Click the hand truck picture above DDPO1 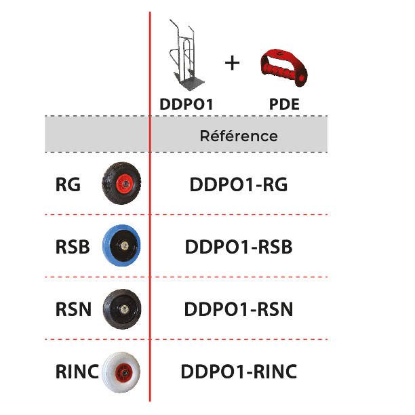coord(185,55)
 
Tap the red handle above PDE coord(283,68)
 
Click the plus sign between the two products coord(232,63)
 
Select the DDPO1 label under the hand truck coord(186,104)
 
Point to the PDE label coord(284,104)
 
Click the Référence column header coord(239,136)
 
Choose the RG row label coord(68,184)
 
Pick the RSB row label coord(73,247)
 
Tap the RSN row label coord(73,309)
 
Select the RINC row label coord(77,372)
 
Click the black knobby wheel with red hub coord(121,183)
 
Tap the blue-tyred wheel coord(121,245)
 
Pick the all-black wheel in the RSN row coord(122,309)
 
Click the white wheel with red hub coord(121,372)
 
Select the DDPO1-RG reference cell coord(239,184)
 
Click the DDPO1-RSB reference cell coord(239,247)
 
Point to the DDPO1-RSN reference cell coord(239,309)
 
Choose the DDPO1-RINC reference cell coord(239,372)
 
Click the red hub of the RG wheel coord(125,183)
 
